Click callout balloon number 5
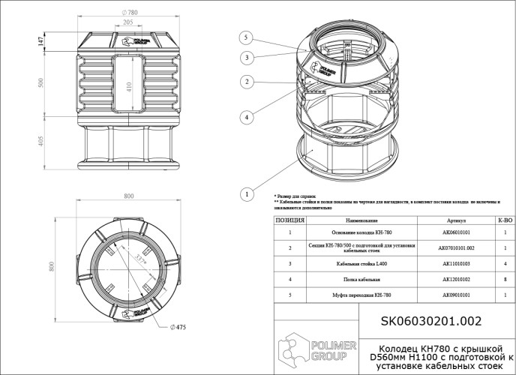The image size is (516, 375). click(244, 36)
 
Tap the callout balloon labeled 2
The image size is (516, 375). click(244, 81)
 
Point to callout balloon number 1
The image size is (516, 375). click(244, 193)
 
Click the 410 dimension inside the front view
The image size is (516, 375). click(129, 86)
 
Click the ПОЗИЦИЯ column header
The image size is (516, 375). click(289, 221)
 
